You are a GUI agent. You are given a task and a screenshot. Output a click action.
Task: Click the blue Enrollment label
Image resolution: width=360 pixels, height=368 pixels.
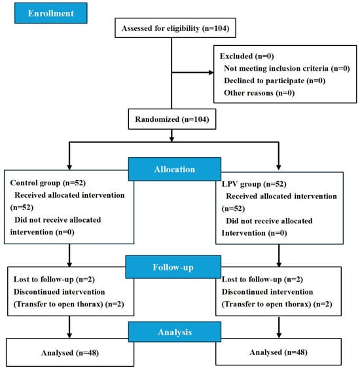(x=51, y=13)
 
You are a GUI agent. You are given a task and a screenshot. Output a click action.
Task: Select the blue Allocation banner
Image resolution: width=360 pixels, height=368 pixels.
(x=175, y=169)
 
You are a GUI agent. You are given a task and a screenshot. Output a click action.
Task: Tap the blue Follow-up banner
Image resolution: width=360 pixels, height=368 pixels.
(x=173, y=267)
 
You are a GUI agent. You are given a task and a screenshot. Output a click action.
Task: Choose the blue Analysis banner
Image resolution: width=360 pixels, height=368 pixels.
(x=175, y=332)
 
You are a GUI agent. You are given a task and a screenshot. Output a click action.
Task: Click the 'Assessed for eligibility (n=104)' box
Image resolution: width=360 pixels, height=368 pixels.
(x=175, y=28)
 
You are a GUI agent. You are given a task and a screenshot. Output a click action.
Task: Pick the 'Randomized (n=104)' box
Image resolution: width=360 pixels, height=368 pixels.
(x=172, y=119)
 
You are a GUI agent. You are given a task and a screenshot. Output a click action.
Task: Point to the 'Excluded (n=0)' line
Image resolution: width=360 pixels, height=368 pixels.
(x=247, y=56)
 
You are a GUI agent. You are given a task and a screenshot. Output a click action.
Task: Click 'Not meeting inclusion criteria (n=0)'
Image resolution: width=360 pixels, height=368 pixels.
(x=287, y=68)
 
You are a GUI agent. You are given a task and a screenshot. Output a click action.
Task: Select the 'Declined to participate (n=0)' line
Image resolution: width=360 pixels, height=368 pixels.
(x=275, y=81)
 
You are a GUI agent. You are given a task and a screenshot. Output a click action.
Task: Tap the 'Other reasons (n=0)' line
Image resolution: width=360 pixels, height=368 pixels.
(x=259, y=93)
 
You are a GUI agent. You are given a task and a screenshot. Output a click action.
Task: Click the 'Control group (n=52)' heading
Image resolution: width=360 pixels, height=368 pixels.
(x=48, y=183)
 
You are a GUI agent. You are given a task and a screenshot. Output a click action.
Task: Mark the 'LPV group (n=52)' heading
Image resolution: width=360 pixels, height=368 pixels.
(x=254, y=184)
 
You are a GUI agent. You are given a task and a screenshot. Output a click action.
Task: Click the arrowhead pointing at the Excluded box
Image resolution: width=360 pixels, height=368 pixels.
(x=211, y=73)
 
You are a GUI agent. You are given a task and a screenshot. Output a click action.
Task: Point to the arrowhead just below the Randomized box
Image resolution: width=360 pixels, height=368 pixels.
(x=171, y=139)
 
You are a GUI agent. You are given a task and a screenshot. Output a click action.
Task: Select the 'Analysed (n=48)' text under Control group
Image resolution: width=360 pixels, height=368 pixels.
(x=70, y=353)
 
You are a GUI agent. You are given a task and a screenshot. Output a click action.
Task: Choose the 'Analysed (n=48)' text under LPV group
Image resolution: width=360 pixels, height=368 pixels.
(x=278, y=352)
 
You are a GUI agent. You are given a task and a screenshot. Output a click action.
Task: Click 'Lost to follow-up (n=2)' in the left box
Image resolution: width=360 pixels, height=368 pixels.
(x=54, y=280)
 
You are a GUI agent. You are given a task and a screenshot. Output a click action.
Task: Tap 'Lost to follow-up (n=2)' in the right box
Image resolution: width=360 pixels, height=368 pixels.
(x=262, y=280)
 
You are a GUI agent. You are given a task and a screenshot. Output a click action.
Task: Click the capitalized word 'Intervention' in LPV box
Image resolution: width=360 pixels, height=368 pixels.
(x=243, y=233)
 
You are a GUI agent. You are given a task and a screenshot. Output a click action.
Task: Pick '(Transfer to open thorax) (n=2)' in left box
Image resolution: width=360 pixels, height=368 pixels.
(x=69, y=304)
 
